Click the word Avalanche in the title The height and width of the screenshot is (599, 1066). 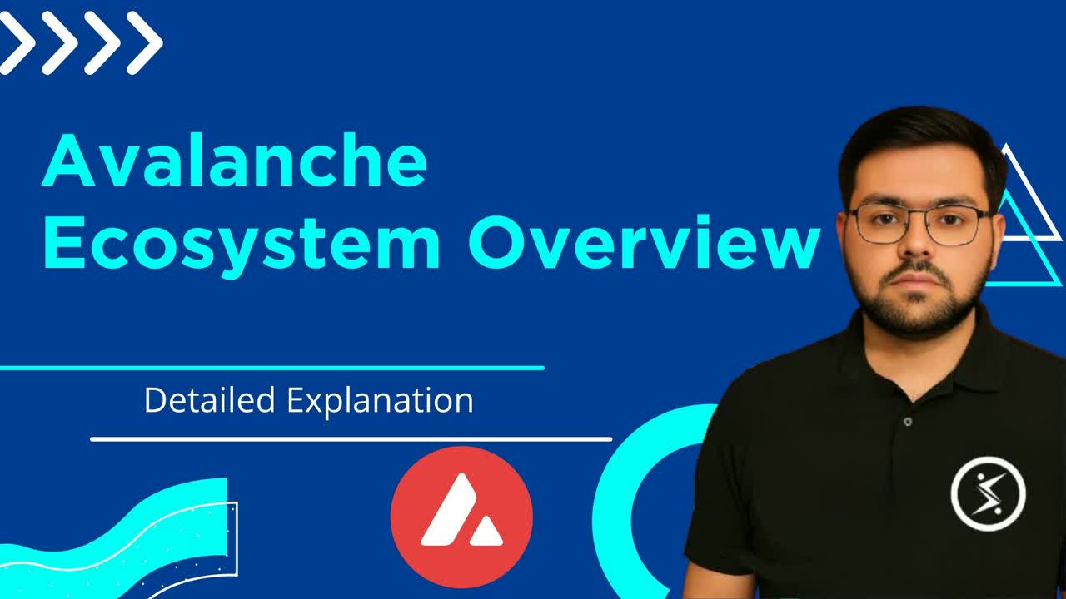point(234,163)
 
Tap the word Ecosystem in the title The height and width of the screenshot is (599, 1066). point(242,242)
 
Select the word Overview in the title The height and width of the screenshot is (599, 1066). point(644,242)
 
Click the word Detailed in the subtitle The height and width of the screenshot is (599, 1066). point(209,400)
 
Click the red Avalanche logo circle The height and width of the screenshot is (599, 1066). point(461,517)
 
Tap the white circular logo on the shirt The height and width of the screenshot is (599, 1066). point(988,493)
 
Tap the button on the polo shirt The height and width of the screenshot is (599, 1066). point(907,422)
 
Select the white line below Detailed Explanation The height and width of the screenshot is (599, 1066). point(351,438)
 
